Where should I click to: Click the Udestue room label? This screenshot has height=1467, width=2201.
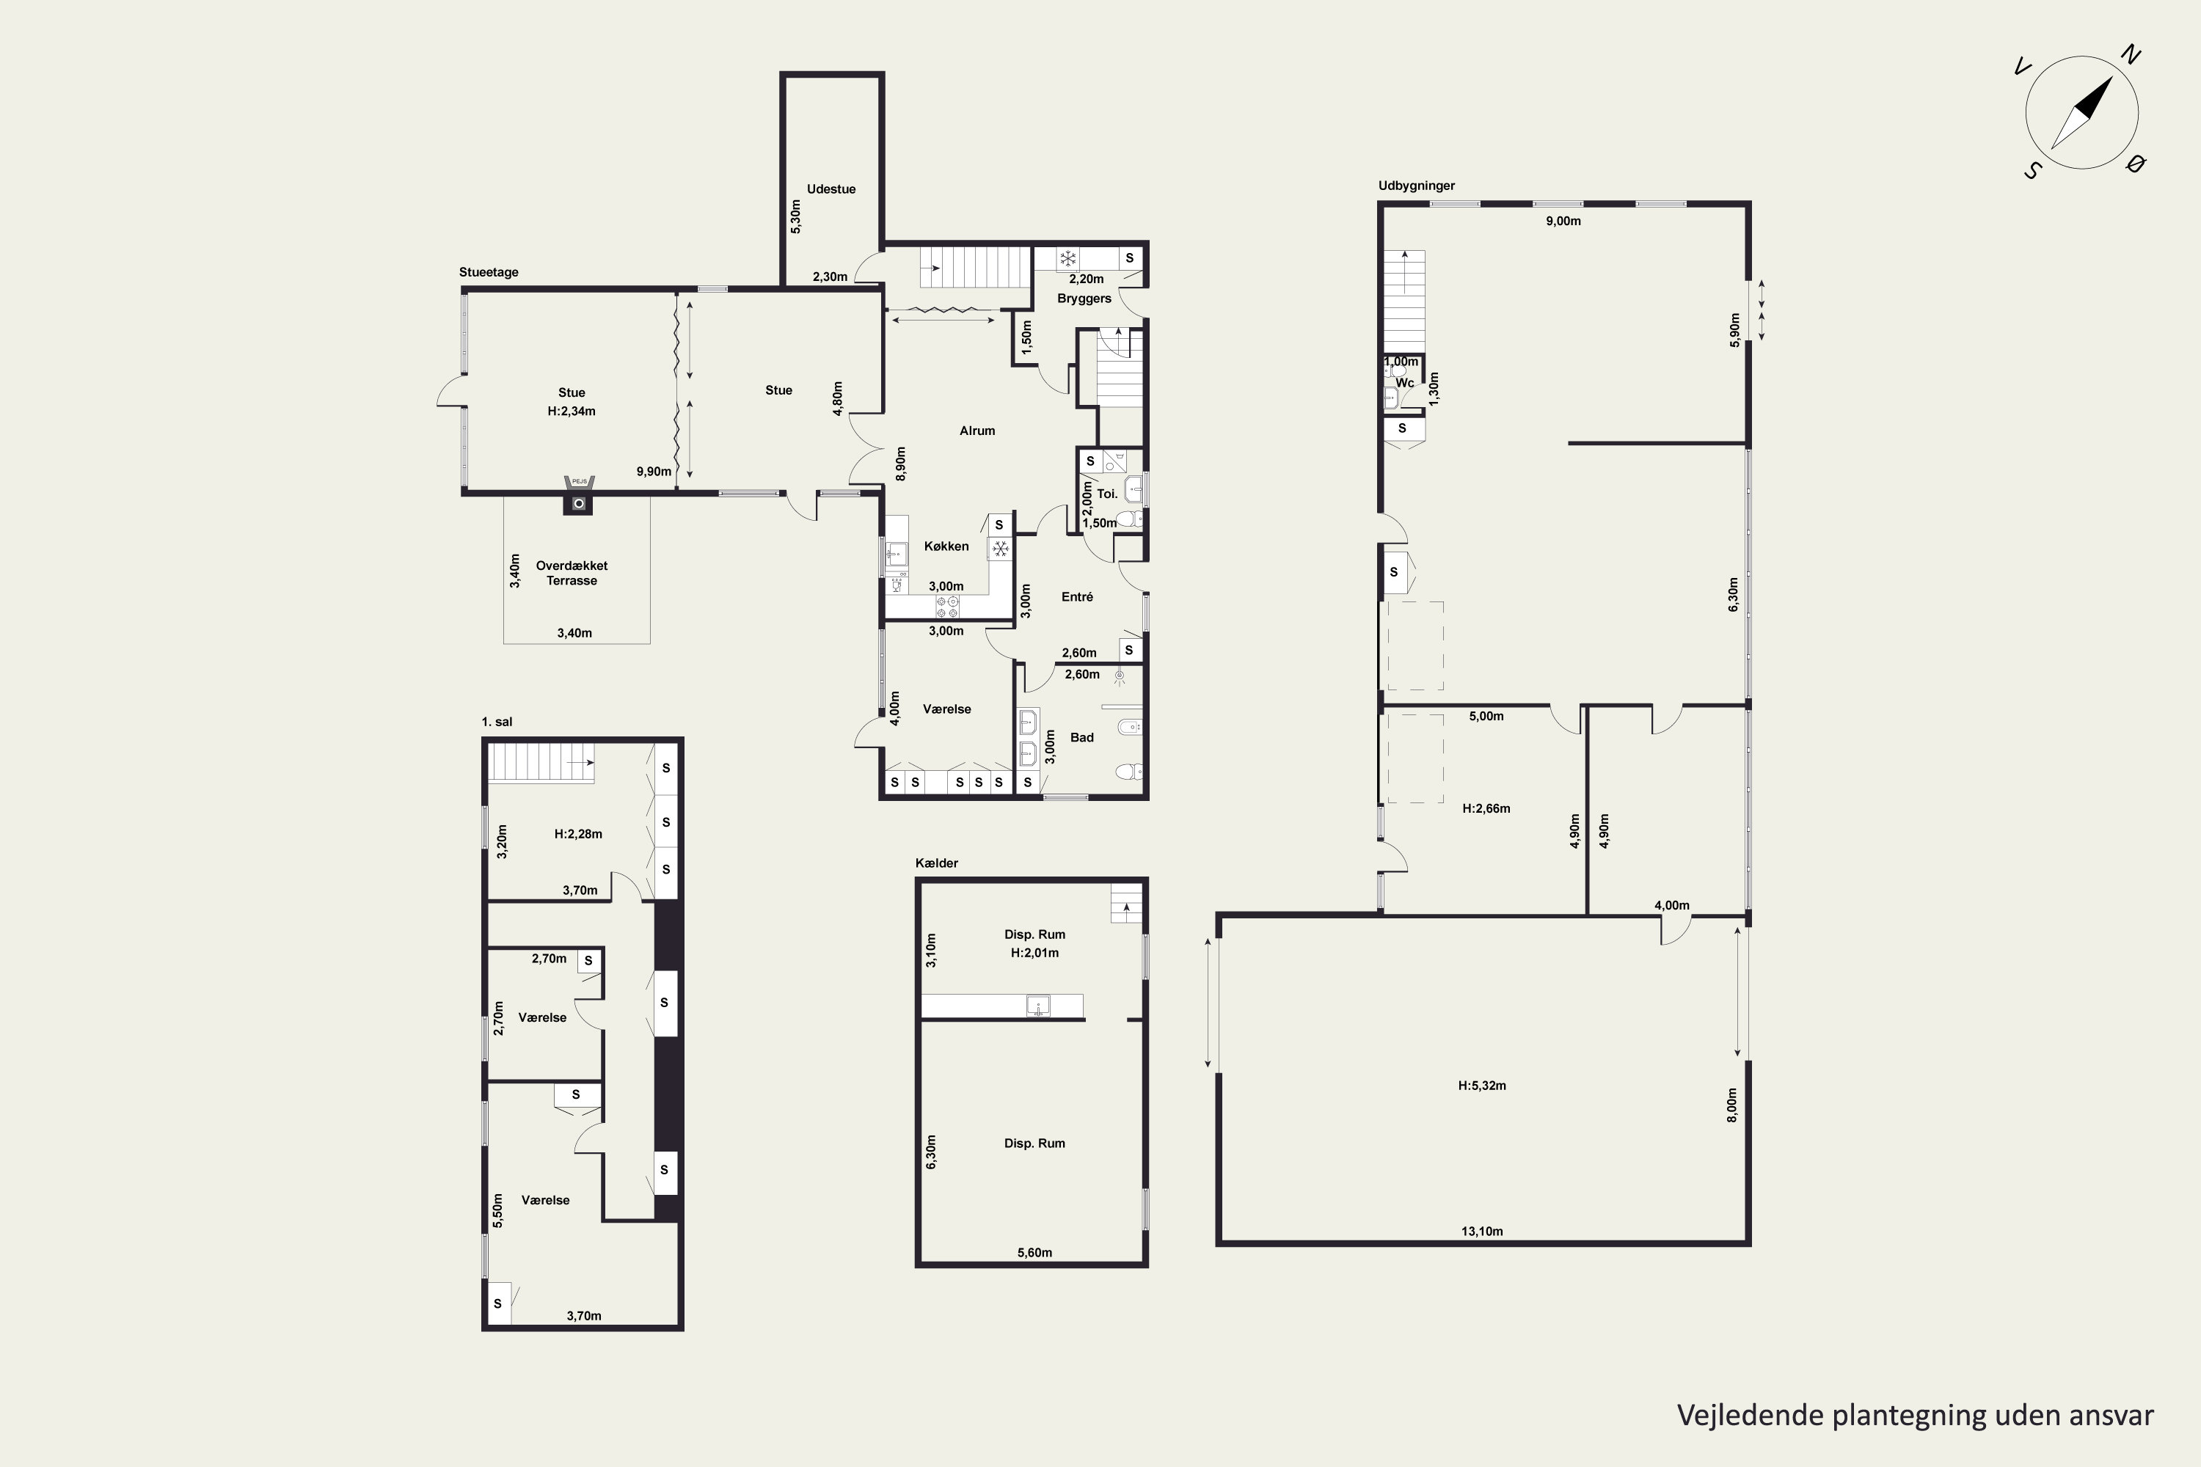pos(831,189)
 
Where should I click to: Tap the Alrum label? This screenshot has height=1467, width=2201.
pos(977,431)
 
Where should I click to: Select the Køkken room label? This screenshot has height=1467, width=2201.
pos(946,546)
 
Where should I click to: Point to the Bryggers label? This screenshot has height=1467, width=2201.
pos(1084,299)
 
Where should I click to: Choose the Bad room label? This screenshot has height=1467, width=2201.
pos(1081,737)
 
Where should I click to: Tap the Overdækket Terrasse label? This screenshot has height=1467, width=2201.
pos(572,573)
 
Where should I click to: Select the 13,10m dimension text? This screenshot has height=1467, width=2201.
pos(1482,1232)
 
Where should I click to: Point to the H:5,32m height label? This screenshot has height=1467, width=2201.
pos(1482,1086)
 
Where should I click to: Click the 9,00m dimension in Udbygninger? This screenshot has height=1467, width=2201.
pos(1563,221)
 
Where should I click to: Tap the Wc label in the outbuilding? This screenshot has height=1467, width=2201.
pos(1405,383)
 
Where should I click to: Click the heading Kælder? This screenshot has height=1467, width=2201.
pos(937,863)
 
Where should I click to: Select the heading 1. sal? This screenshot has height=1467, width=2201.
pos(497,721)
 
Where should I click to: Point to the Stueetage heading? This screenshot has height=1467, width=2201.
pos(489,272)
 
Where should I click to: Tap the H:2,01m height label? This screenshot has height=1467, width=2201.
pos(1035,952)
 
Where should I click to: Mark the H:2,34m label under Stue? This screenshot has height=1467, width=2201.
pos(572,411)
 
